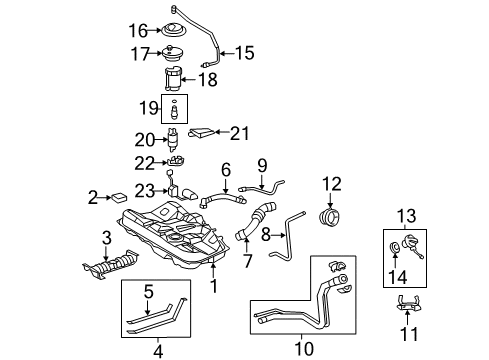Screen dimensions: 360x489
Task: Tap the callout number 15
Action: click(x=244, y=53)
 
